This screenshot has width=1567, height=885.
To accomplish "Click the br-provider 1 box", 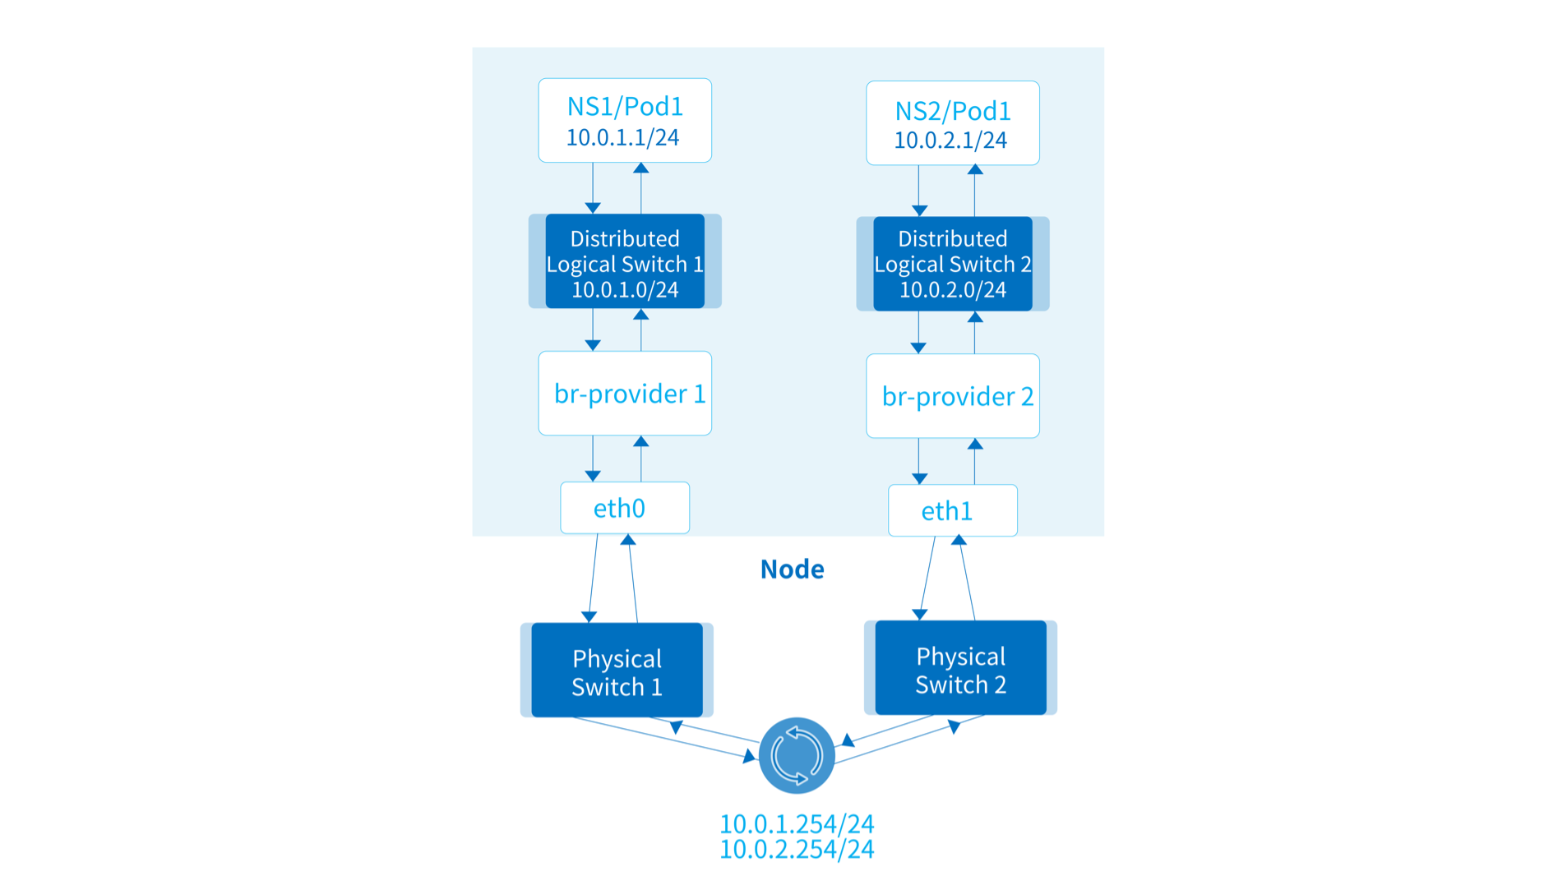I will (x=625, y=394).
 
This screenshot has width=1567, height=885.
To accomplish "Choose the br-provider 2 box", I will (x=952, y=396).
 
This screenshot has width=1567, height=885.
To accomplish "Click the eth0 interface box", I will (x=624, y=508).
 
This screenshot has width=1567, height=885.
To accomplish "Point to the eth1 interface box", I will (x=952, y=510).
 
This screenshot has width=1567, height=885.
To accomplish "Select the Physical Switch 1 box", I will (x=617, y=671).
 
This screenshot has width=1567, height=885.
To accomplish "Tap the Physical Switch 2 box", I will (x=960, y=668).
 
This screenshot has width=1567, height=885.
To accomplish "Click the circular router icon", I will (x=797, y=755).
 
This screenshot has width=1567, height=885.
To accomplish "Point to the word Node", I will (x=792, y=569).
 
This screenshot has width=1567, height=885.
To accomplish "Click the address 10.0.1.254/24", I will (x=797, y=823).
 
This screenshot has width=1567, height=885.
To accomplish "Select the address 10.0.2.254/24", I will (x=797, y=850).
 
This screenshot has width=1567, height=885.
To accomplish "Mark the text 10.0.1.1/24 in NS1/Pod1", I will (x=622, y=137).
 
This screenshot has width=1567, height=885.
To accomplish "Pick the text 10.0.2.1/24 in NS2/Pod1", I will (x=950, y=141).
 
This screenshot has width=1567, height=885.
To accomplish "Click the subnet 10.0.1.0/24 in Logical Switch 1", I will (x=625, y=290).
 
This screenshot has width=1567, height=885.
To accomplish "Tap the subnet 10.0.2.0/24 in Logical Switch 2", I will (x=952, y=290).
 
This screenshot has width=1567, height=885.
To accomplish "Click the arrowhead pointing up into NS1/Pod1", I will (x=641, y=168).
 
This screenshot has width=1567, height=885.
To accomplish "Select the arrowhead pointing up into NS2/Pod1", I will (x=975, y=170).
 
